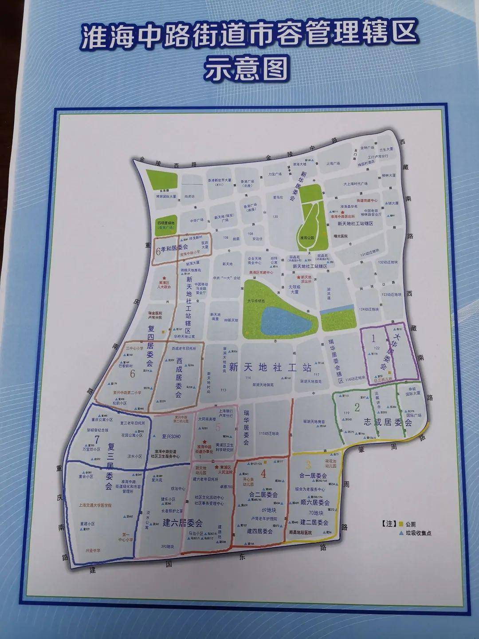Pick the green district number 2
pyautogui.click(x=357, y=406)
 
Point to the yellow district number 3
pyautogui.click(x=308, y=465)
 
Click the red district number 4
pyautogui.click(x=263, y=474)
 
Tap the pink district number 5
pyautogui.click(x=217, y=427)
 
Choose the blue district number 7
pyautogui.click(x=96, y=439)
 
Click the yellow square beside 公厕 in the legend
pyautogui.click(x=401, y=524)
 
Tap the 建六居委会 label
pyautogui.click(x=183, y=522)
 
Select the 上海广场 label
pyautogui.click(x=333, y=163)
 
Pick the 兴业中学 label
pyautogui.click(x=93, y=551)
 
